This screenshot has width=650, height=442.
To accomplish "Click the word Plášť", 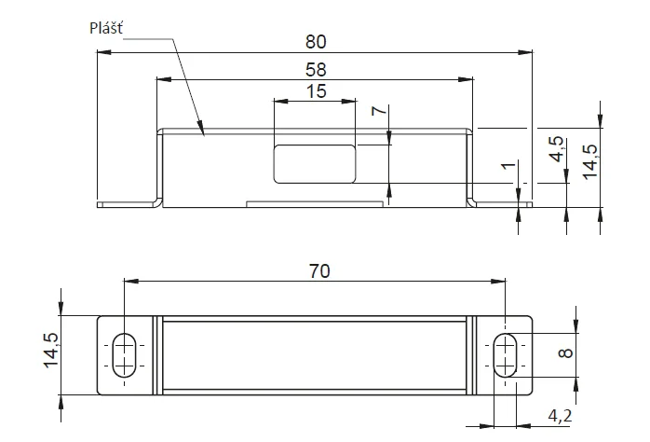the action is [x=106, y=28].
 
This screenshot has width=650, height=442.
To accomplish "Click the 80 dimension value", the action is [x=316, y=42].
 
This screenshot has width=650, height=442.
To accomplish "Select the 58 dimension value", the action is [x=316, y=69].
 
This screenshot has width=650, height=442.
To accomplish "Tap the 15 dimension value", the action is [x=316, y=91].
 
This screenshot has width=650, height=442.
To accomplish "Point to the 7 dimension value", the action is [x=379, y=110].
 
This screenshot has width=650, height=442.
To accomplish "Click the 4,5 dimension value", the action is [x=557, y=149].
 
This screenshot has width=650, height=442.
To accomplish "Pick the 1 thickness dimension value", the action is [x=508, y=166].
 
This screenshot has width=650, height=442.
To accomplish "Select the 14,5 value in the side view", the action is [x=590, y=162].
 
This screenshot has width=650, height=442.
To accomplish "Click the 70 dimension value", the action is [x=319, y=271].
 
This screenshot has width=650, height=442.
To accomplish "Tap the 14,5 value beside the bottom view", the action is [x=51, y=351].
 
